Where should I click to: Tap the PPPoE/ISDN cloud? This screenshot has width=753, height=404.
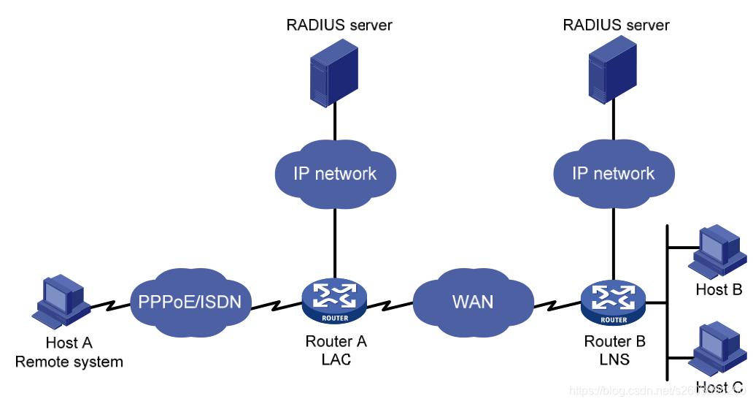(x=190, y=301)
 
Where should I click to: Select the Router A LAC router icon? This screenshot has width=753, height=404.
(x=335, y=300)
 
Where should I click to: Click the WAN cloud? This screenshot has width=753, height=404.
(x=472, y=301)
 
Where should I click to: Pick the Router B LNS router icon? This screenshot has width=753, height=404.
(x=614, y=301)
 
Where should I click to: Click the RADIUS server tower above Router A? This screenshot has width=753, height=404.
(x=335, y=71)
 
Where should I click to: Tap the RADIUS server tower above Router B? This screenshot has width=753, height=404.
(x=612, y=71)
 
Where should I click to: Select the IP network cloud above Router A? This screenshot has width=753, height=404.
(x=335, y=174)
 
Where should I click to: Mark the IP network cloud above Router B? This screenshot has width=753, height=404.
(x=613, y=174)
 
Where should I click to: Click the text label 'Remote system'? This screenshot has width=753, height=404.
(x=69, y=362)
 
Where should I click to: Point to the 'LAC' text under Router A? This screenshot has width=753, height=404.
(x=336, y=359)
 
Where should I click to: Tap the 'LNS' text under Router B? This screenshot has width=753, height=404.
(x=614, y=359)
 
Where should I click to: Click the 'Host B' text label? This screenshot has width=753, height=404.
(x=719, y=290)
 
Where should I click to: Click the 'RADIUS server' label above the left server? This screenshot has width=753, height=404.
(x=339, y=26)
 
